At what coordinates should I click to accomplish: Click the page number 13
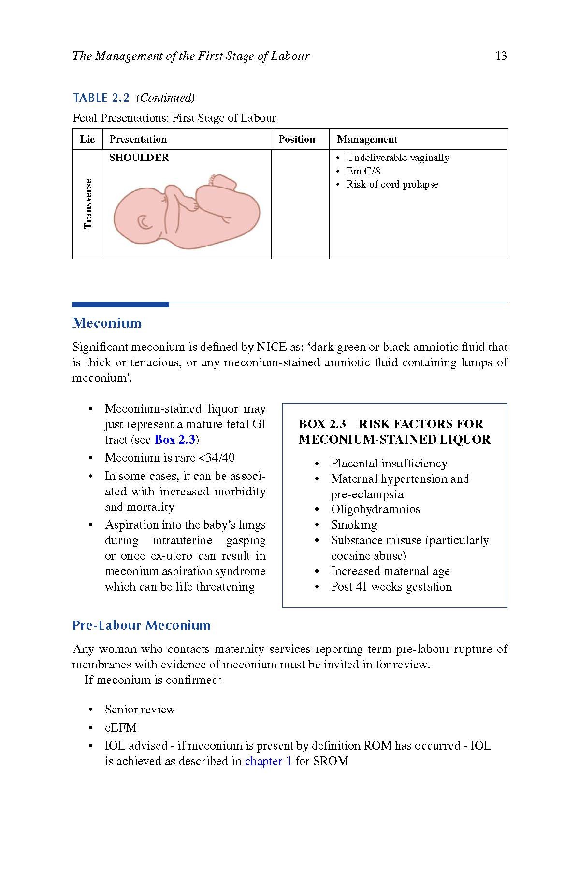click(x=501, y=56)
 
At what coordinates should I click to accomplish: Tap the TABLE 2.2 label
click(x=101, y=98)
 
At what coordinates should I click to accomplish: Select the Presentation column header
click(x=138, y=139)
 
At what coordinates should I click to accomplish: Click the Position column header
click(x=297, y=139)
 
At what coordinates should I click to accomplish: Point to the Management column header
click(x=367, y=139)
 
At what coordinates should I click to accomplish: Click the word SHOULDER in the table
click(x=139, y=158)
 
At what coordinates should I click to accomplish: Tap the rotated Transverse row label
click(x=87, y=203)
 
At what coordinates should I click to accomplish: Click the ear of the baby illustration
click(x=145, y=222)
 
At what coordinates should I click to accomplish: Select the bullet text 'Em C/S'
click(x=363, y=171)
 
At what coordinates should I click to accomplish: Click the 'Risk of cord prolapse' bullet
click(x=392, y=184)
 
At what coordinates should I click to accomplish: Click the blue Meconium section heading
click(x=107, y=323)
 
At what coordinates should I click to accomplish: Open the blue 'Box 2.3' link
click(x=174, y=440)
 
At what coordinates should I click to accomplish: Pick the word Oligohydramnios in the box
click(x=376, y=509)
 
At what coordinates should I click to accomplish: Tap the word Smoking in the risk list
click(x=354, y=525)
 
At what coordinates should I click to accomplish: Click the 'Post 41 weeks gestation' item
click(x=391, y=587)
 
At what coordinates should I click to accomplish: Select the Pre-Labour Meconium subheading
click(x=141, y=625)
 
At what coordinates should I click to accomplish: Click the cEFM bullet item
click(x=121, y=727)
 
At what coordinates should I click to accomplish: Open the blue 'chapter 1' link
click(x=268, y=761)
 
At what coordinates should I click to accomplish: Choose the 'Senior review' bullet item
click(x=140, y=710)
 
